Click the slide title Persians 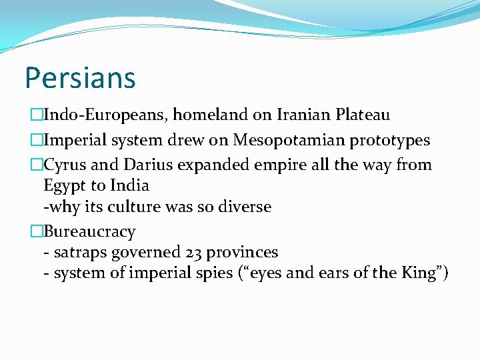[x=80, y=77]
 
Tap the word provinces [x=242, y=253]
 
